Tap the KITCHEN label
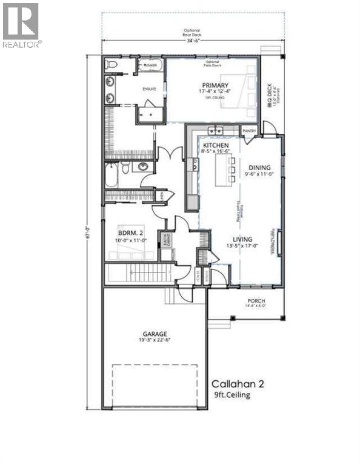[215, 147]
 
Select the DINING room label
[259, 168]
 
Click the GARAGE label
[156, 333]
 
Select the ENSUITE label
[149, 89]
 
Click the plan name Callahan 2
[238, 383]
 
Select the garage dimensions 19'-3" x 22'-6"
[156, 340]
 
